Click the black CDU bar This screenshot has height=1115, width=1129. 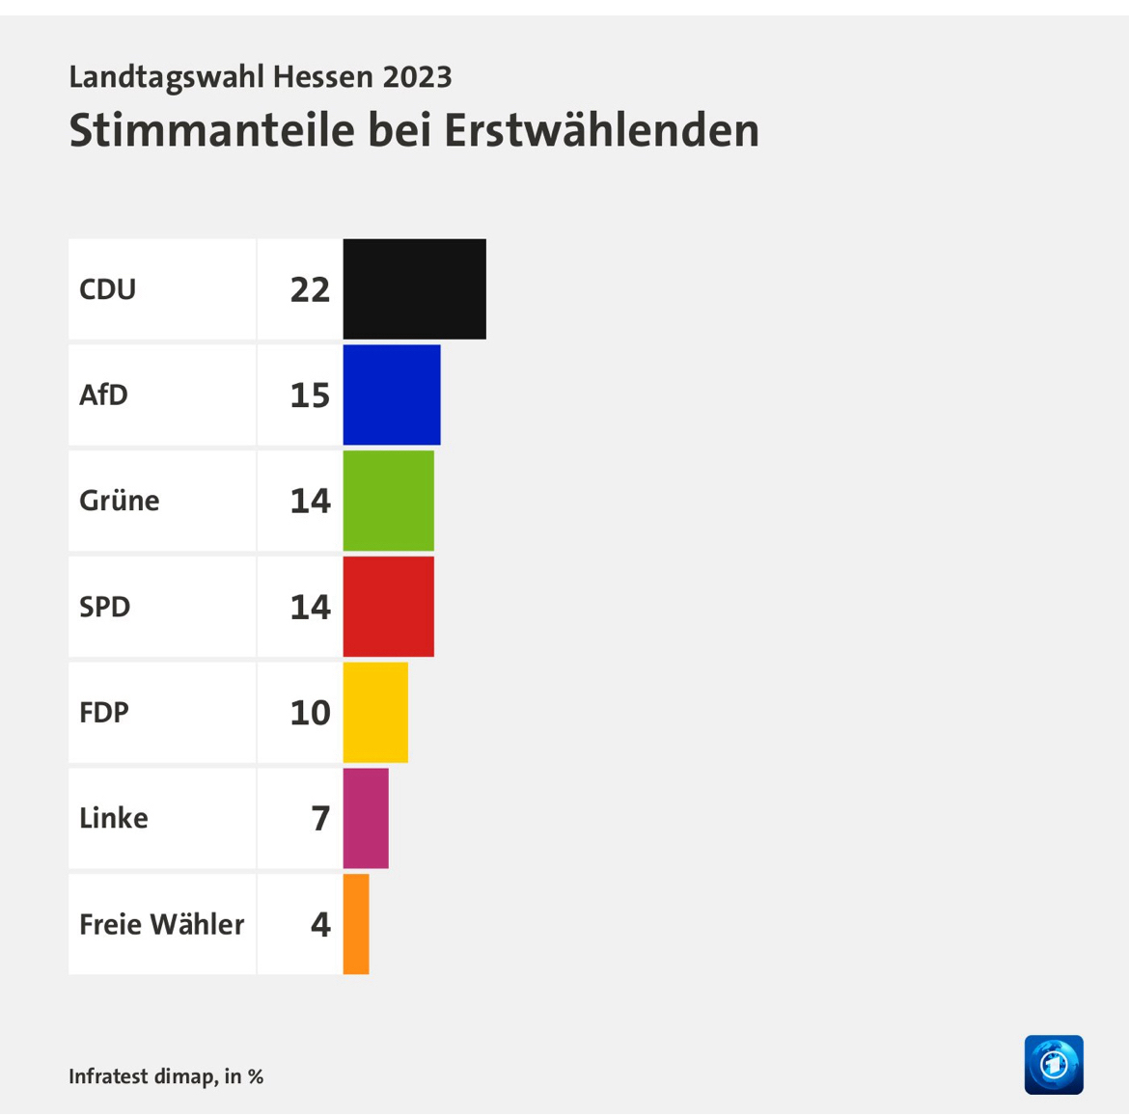[414, 288]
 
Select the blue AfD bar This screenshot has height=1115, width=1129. [391, 394]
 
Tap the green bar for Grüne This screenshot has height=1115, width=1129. [388, 501]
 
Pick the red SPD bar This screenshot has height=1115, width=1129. [388, 606]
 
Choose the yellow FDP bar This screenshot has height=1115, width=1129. [375, 712]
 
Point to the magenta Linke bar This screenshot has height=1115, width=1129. [366, 818]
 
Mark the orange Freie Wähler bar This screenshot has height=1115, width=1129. [356, 924]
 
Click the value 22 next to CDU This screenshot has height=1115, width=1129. [310, 289]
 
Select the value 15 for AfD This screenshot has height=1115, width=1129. [310, 395]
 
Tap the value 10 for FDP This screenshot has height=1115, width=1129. [310, 713]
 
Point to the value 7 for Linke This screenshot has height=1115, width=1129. [320, 819]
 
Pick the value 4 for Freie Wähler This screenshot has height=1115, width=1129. [320, 924]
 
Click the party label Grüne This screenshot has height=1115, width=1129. [120, 501]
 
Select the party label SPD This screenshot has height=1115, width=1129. [104, 607]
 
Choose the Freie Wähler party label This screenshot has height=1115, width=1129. [161, 924]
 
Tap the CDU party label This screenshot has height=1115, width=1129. [107, 289]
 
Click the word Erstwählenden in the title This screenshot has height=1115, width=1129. [601, 130]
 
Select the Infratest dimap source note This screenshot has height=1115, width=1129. [165, 1076]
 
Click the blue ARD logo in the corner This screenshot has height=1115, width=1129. [1054, 1065]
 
